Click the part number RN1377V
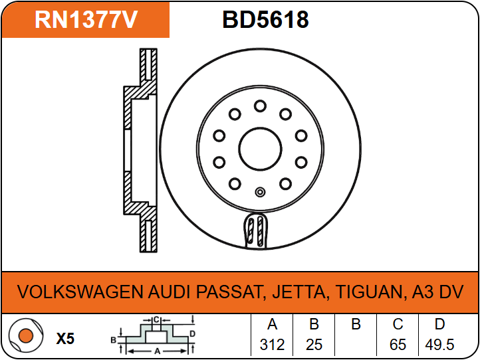coord(86,20)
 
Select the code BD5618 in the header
coord(265,20)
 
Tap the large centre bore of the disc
coord(260,149)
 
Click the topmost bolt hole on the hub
coord(260,106)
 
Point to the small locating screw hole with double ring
coord(260,192)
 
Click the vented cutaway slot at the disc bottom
coord(256,231)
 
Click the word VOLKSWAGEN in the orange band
coord(80,292)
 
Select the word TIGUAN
coord(370,292)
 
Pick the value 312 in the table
coord(272,345)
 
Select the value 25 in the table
coord(314,345)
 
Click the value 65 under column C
coord(398,345)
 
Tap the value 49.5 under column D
coord(439,345)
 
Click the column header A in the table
coord(272,324)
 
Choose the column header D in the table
coord(439,324)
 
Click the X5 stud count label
coord(66,339)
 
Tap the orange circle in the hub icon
coord(26,335)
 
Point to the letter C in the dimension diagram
coord(156,320)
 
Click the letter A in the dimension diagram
coord(158,351)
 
